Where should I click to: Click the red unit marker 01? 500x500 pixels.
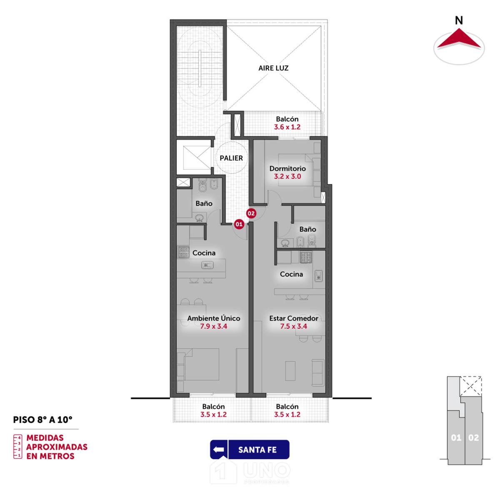(239, 224)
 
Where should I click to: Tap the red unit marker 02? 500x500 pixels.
(251, 213)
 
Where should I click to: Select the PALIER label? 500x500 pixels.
(231, 158)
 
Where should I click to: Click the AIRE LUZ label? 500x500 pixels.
(273, 68)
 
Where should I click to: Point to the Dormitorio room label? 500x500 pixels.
(287, 168)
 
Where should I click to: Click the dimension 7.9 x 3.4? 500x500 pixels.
(214, 326)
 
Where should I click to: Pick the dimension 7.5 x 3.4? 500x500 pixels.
(293, 326)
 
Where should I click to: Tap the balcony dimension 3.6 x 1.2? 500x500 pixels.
(287, 127)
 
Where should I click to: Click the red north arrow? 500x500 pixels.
(459, 38)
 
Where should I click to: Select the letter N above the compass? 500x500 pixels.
(459, 20)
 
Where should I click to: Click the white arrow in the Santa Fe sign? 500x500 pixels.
(218, 450)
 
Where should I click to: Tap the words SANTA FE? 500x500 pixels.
(257, 450)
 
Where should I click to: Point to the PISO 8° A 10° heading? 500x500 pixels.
(43, 420)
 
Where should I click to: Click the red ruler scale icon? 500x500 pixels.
(17, 447)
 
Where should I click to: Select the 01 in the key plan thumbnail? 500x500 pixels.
(456, 438)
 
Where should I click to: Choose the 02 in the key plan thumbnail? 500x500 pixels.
(473, 438)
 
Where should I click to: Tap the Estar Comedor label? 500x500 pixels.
(293, 318)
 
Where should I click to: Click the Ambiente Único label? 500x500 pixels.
(214, 318)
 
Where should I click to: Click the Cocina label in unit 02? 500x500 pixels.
(291, 274)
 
